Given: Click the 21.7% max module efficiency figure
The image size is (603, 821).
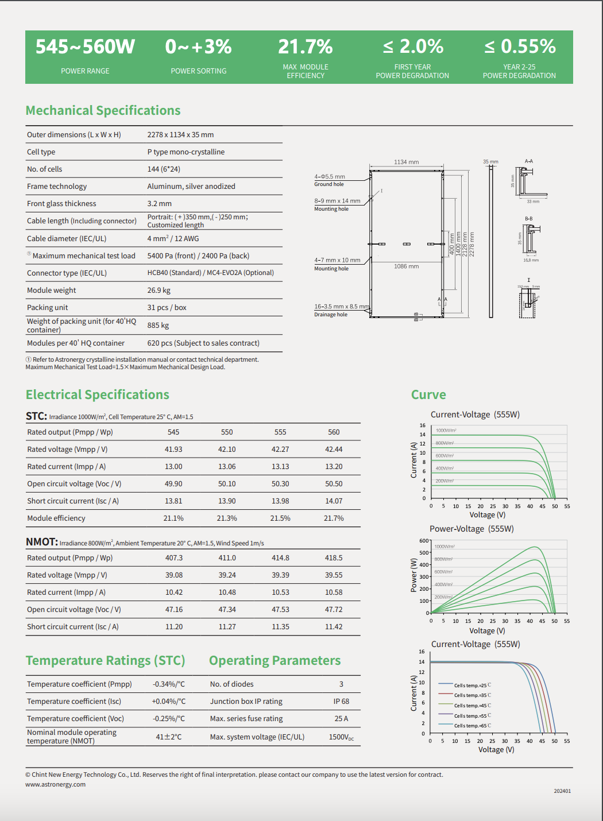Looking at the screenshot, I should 306,47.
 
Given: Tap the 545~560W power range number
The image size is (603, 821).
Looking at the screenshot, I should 85,47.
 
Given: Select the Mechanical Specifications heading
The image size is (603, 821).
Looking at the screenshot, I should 103,110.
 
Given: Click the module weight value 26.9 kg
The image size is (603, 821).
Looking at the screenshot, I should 159,291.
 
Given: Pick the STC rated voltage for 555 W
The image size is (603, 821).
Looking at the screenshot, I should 280,450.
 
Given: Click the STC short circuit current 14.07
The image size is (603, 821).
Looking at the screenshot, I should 334,501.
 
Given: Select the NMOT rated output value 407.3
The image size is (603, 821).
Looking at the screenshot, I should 174,558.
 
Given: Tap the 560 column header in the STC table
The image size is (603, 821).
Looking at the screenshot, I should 334,432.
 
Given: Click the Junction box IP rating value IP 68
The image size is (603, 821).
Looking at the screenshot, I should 341,702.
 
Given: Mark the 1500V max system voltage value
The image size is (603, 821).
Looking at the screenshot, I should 341,737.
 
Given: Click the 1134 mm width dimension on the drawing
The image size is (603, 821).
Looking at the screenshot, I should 406,162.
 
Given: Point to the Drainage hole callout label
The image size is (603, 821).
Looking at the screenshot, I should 331,315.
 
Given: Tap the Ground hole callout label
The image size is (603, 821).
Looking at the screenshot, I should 329,184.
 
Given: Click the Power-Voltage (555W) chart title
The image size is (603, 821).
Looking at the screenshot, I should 471,529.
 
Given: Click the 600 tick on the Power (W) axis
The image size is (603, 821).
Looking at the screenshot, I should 424,541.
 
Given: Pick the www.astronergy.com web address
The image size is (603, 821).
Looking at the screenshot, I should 55,784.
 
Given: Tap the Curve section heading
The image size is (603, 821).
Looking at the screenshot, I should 428,394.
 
